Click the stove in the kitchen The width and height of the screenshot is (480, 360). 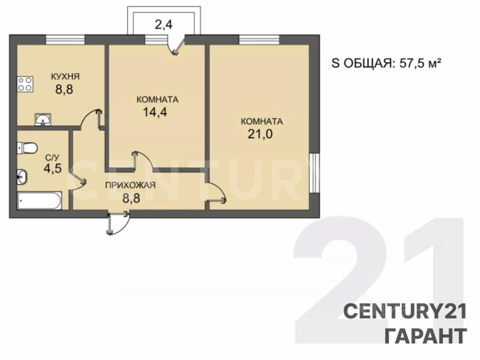(25, 84)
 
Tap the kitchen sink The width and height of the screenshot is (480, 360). (43, 120)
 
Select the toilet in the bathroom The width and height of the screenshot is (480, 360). (27, 148)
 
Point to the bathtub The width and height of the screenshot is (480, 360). (39, 201)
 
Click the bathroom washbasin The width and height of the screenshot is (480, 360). (22, 177)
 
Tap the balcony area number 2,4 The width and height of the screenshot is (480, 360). (163, 24)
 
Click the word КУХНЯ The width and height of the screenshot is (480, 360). (65, 76)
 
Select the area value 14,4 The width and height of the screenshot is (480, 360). (155, 112)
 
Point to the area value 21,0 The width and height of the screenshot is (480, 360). (260, 134)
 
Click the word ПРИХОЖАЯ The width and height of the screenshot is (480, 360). (130, 185)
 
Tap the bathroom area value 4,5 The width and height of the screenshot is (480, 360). (52, 168)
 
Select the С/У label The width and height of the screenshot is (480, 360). (52, 157)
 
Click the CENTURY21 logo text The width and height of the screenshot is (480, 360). (405, 311)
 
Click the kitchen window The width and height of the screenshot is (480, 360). (65, 40)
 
